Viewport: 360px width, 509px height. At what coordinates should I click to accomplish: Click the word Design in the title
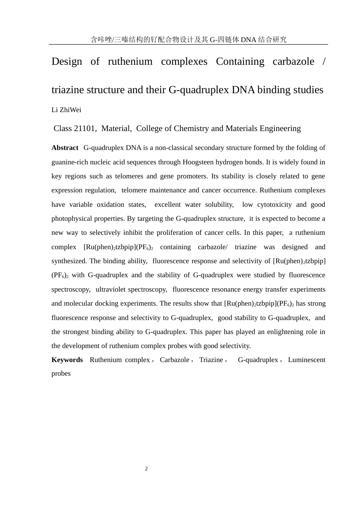pos(67,61)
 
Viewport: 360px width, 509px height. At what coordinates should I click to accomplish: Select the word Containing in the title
pos(240,61)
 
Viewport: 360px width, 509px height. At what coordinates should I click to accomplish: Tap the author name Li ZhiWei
pos(66,110)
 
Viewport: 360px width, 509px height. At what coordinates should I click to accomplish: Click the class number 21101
pos(85,128)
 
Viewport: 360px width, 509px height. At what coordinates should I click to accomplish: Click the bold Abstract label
pos(65,148)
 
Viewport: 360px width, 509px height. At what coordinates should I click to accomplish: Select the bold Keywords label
pos(67,360)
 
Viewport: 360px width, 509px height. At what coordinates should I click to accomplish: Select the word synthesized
pos(69,261)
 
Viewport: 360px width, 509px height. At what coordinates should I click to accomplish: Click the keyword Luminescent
pos(307,360)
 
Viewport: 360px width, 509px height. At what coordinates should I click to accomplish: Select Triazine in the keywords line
pos(211,360)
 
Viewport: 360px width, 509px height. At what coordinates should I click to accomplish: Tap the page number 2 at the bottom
pos(146,469)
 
